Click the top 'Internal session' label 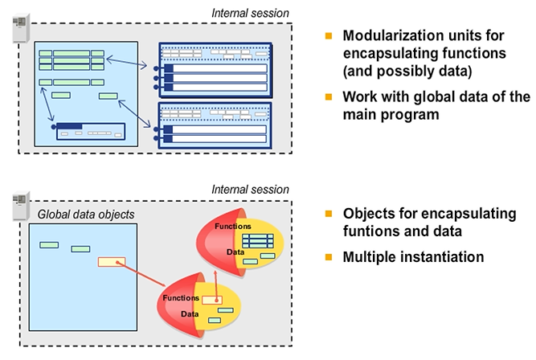tap(250, 13)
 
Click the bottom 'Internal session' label tap(250, 190)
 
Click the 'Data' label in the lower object tap(189, 313)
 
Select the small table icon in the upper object tap(258, 240)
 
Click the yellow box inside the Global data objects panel tap(110, 261)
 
